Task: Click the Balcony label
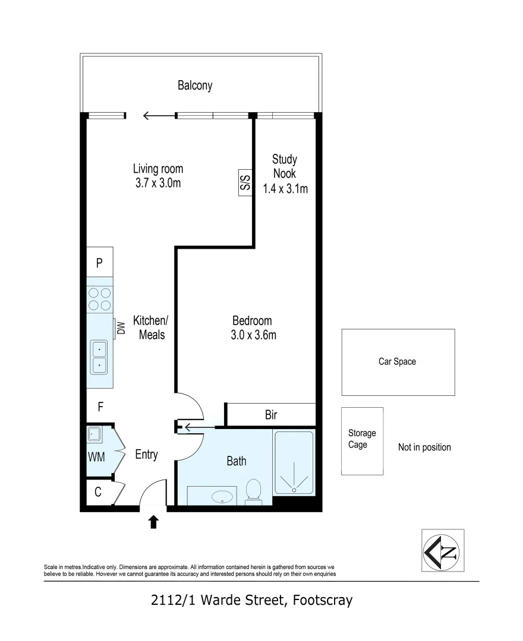pos(195,85)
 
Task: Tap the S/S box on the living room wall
pos(245,183)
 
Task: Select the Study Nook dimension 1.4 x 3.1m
pos(285,189)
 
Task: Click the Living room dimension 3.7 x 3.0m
pos(158,183)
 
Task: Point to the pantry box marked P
pos(99,262)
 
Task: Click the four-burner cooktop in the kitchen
pos(100,299)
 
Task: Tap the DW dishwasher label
pos(121,328)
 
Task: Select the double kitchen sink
pos(99,357)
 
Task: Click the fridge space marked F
pos(100,407)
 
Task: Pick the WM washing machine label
pos(96,456)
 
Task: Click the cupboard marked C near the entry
pos(98,492)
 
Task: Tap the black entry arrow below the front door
pos(153,522)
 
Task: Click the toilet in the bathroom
pos(254,491)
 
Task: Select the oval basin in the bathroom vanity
pos(222,497)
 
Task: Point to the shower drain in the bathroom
pos(294,489)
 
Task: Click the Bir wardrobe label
pos(271,415)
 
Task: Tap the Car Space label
pos(397,361)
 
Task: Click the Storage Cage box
pos(362,441)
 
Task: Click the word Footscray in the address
pos(323,600)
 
